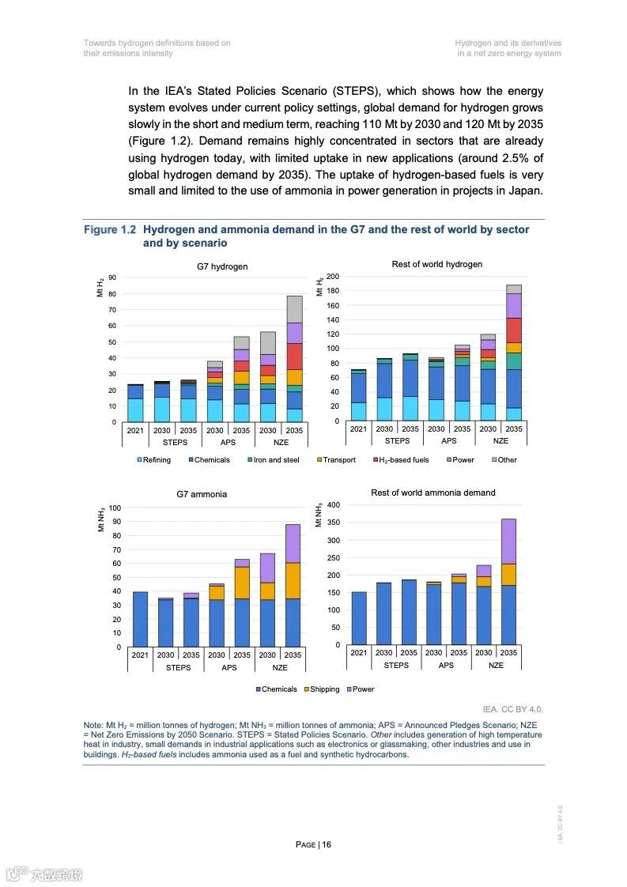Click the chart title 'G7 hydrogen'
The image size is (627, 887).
tap(222, 266)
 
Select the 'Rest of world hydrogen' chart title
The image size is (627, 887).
tap(436, 264)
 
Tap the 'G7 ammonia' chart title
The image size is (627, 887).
tap(202, 494)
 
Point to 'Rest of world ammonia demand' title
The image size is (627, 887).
tap(433, 493)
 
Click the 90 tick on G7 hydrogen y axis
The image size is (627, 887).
tap(112, 277)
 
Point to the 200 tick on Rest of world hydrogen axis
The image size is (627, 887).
tap(333, 277)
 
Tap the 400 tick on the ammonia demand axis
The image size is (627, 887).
tap(333, 505)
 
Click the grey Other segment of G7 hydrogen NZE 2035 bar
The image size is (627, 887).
tap(294, 309)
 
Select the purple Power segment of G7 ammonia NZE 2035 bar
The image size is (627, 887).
tap(293, 543)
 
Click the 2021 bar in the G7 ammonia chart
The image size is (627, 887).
tap(140, 619)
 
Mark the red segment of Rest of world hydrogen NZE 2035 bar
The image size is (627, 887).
tap(514, 330)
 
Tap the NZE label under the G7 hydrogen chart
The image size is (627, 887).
tap(281, 443)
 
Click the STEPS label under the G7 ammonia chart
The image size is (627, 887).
tap(178, 667)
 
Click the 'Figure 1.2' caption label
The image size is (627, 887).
tap(110, 230)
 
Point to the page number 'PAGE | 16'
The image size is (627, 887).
tap(313, 844)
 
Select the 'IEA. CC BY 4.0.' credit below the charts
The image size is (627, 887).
tap(512, 709)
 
